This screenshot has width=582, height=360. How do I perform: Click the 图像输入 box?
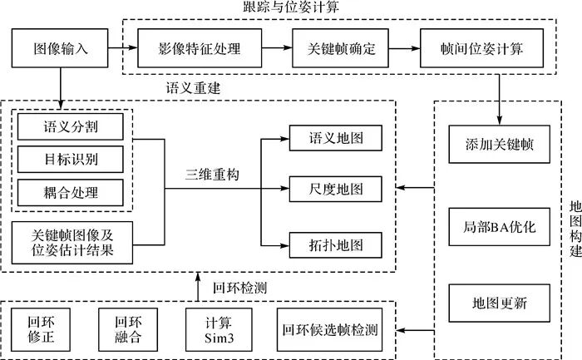pos(62,49)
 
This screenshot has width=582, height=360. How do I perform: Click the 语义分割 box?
pos(71,127)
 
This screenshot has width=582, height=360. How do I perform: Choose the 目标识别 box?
pos(71,160)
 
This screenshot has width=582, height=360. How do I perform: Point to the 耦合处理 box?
pos(71,192)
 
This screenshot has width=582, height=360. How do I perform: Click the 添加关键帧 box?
pos(499,144)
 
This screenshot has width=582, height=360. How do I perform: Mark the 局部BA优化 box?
pos(499,227)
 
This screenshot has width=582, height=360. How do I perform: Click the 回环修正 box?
pos(40,330)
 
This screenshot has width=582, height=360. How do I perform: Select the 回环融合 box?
pos(121,330)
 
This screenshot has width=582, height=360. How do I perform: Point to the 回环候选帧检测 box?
pos(330,330)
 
